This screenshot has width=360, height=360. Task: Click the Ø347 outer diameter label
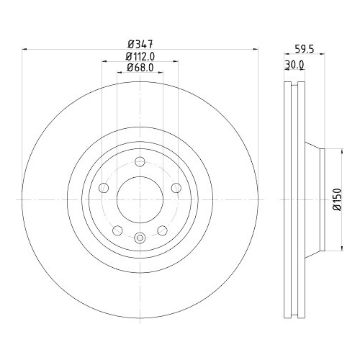[x=140, y=43]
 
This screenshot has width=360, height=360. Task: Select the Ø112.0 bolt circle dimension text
[x=140, y=55]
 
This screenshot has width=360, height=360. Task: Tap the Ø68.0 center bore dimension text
[x=140, y=68]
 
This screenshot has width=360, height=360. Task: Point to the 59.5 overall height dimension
[x=304, y=51]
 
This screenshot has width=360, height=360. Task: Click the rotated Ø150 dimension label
[x=336, y=198]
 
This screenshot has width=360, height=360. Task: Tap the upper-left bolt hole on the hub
[x=104, y=188]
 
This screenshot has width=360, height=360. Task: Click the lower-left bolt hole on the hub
[x=118, y=231]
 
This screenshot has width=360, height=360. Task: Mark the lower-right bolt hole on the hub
[x=162, y=231]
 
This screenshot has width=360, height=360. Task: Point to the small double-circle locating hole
[x=140, y=240]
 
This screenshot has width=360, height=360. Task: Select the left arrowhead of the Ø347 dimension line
[x=27, y=49]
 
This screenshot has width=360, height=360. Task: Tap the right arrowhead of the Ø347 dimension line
[x=254, y=49]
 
